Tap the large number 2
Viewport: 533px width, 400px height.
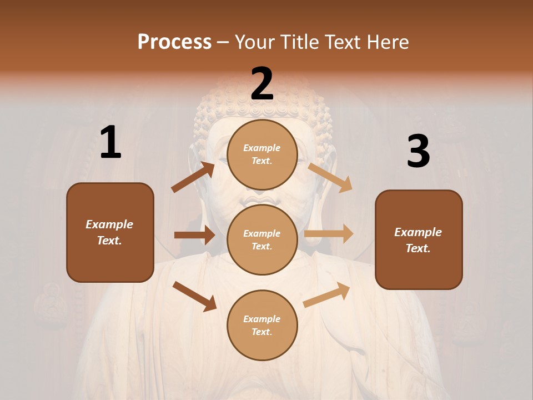tap(262, 84)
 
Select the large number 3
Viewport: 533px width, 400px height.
tap(418, 152)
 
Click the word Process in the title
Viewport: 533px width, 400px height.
tap(174, 42)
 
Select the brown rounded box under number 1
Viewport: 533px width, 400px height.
tap(110, 232)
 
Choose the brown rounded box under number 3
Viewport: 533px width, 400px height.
tap(419, 239)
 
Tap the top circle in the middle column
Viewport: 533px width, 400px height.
tap(262, 154)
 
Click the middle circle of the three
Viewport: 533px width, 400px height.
tap(262, 239)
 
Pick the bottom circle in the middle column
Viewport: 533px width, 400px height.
tap(262, 325)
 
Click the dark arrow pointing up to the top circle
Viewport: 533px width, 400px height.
tap(193, 177)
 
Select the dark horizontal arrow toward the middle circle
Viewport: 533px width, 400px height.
tap(194, 235)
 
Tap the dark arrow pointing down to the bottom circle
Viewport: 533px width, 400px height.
tap(194, 296)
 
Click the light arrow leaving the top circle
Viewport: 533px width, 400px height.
tap(330, 177)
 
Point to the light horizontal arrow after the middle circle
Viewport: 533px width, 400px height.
tap(329, 234)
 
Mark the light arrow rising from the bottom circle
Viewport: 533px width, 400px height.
tap(326, 295)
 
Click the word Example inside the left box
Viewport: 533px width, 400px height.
tap(109, 224)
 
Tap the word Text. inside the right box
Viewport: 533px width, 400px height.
tap(418, 248)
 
